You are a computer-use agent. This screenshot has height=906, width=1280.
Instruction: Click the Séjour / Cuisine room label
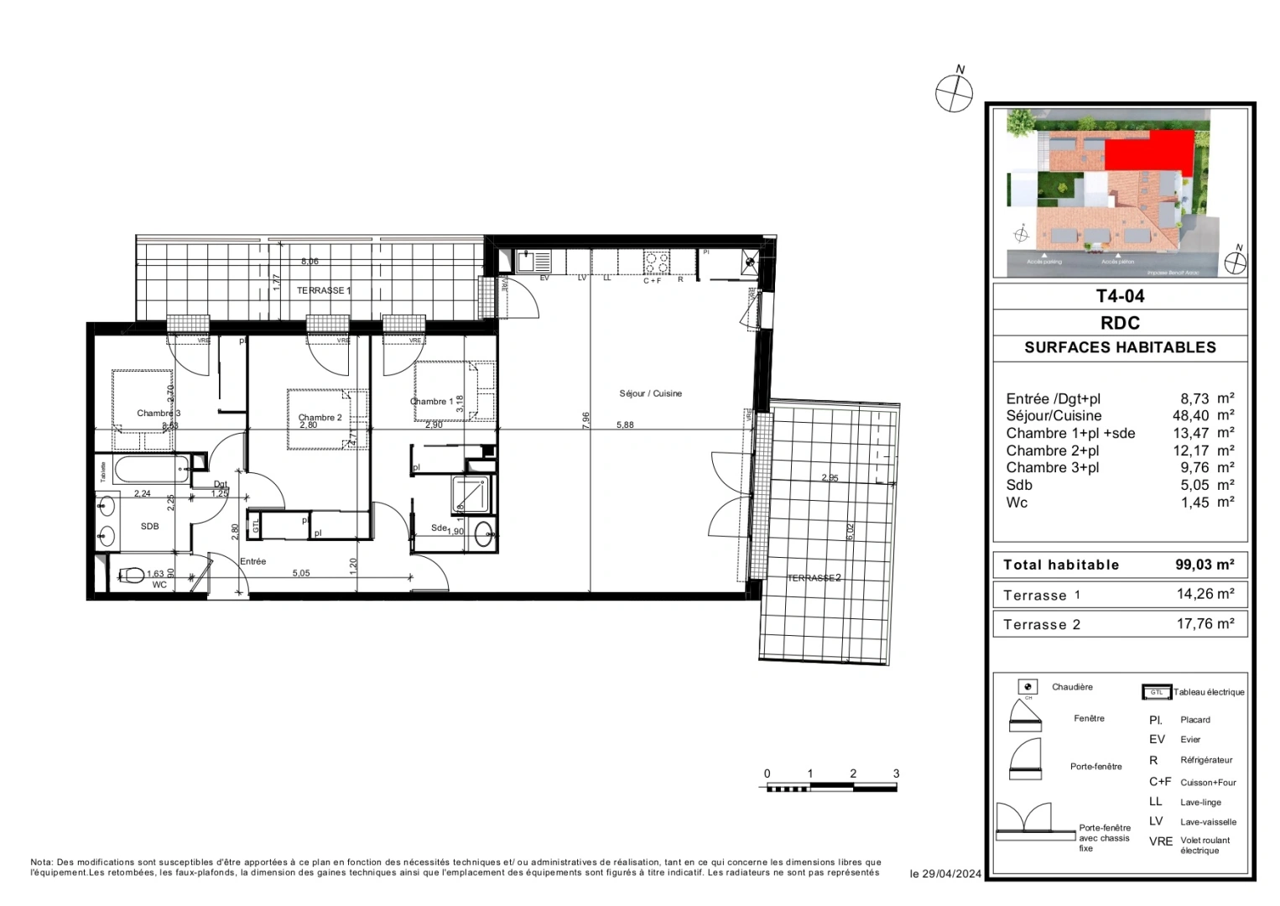pyautogui.click(x=650, y=393)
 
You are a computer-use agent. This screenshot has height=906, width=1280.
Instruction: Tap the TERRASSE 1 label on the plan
pyautogui.click(x=323, y=290)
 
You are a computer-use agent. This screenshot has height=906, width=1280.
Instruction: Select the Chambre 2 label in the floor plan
pyautogui.click(x=320, y=417)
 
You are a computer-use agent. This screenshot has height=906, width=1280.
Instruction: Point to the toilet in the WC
pyautogui.click(x=132, y=575)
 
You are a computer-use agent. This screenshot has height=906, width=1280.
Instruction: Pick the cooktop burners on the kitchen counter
pyautogui.click(x=657, y=263)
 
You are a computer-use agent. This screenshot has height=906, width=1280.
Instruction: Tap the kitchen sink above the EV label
pyautogui.click(x=533, y=262)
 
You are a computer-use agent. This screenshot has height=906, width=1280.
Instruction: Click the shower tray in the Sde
pyautogui.click(x=470, y=494)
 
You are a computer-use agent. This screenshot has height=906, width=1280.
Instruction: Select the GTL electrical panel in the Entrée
pyautogui.click(x=256, y=525)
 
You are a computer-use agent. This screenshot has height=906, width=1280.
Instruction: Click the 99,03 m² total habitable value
pyautogui.click(x=1204, y=565)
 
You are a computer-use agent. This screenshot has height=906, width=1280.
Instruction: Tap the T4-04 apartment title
pyautogui.click(x=1120, y=296)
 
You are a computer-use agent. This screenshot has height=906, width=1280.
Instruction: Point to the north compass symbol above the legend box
pyautogui.click(x=954, y=91)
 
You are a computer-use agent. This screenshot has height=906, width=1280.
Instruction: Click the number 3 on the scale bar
pyautogui.click(x=896, y=773)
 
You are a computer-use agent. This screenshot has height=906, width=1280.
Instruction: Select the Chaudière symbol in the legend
pyautogui.click(x=1028, y=687)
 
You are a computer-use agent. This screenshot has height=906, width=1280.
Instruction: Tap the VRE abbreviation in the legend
pyautogui.click(x=1160, y=841)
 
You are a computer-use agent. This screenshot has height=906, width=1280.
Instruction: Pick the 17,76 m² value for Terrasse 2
pyautogui.click(x=1205, y=623)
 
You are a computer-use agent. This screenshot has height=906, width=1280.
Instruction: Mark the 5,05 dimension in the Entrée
pyautogui.click(x=300, y=573)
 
